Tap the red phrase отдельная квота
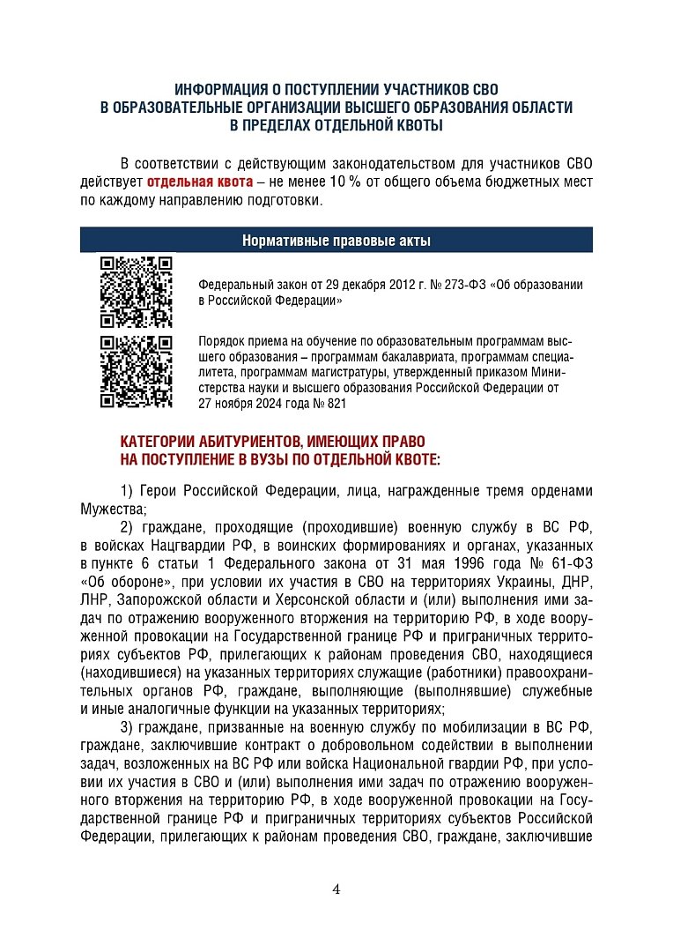pos(199,182)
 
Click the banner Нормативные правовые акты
pos(336,240)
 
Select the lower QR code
pos(135,371)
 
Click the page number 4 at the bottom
pos(336,889)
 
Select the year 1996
pos(467,564)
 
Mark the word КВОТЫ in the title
pos(412,126)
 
